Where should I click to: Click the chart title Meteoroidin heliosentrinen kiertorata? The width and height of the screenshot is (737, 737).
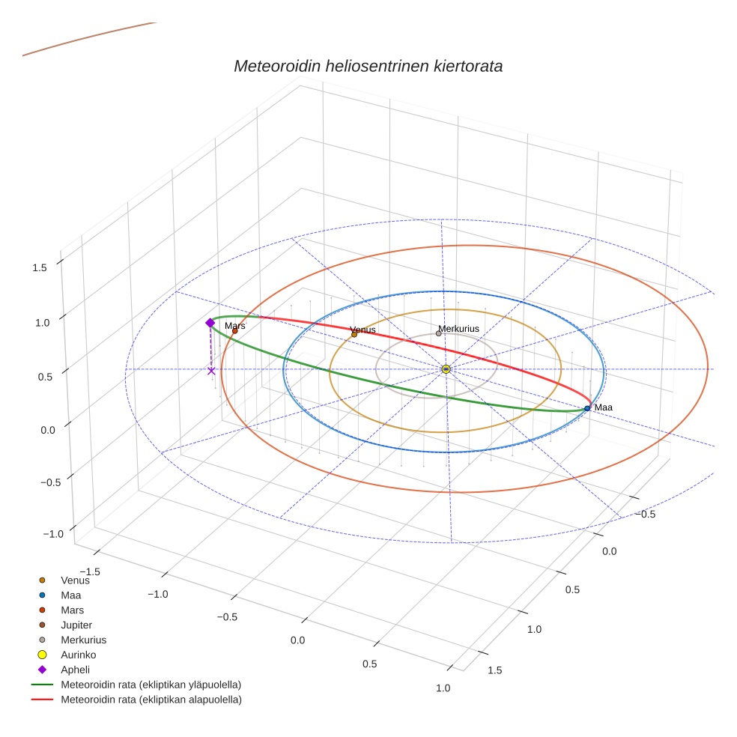(368, 66)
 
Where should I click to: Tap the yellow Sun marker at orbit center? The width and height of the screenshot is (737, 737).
(446, 369)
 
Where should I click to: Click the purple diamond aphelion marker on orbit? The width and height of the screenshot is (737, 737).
(210, 323)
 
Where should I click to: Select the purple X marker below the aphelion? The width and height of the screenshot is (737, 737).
(211, 371)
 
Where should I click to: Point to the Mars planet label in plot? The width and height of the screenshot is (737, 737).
(235, 326)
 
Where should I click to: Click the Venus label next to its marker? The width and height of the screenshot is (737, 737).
(363, 330)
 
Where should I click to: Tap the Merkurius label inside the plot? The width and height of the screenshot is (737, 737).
(458, 329)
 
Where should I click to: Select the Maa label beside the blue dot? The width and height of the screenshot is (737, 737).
(604, 407)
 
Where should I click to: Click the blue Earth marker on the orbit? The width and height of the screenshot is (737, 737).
(587, 408)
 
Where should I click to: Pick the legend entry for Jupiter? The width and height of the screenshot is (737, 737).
(76, 625)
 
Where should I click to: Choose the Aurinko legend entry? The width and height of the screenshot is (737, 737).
(78, 655)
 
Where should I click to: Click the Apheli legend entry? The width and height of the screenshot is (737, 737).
(75, 670)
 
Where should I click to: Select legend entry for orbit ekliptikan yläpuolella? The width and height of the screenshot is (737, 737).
(151, 685)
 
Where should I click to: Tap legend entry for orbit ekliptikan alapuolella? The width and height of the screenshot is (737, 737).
(151, 700)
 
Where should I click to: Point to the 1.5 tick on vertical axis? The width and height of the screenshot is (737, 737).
(40, 267)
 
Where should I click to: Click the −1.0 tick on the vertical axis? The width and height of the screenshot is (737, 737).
(53, 534)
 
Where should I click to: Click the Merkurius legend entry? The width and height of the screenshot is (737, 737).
(83, 640)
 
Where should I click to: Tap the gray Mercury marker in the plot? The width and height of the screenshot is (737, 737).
(439, 333)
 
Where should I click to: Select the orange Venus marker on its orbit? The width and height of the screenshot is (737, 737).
(354, 335)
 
